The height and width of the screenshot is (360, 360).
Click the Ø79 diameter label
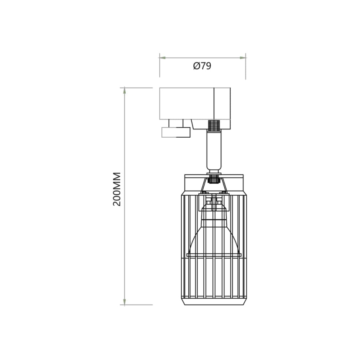(x=202, y=66)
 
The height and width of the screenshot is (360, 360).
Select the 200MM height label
(x=117, y=189)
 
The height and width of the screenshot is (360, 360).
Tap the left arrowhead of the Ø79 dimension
(x=163, y=58)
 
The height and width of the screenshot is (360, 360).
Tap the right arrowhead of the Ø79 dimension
(x=243, y=58)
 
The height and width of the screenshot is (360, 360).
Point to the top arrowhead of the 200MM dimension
(x=124, y=91)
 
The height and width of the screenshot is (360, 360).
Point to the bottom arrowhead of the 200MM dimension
(x=124, y=302)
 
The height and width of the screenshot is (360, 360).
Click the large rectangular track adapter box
(x=187, y=103)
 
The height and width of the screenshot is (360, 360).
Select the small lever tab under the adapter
(x=175, y=132)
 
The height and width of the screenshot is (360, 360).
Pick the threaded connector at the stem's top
(x=214, y=125)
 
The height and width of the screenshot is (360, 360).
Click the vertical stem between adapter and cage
(x=214, y=149)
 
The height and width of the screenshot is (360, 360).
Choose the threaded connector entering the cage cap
(x=214, y=178)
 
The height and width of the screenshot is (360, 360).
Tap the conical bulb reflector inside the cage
(x=214, y=236)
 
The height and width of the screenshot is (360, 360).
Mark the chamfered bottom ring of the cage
(x=214, y=302)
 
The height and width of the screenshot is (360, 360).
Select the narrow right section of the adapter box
(x=222, y=103)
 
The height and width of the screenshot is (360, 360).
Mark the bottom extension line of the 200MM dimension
(x=139, y=305)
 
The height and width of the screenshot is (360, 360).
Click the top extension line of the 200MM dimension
(x=139, y=88)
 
